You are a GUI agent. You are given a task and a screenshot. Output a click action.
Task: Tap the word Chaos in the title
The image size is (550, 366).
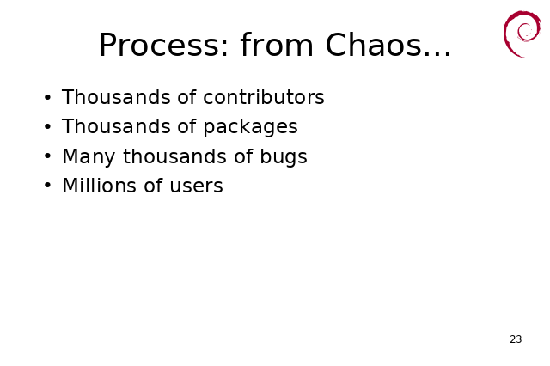(x=373, y=45)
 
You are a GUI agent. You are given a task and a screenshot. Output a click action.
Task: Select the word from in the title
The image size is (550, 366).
(x=277, y=44)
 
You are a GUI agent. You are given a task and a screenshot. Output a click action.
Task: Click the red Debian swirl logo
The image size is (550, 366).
(x=522, y=34)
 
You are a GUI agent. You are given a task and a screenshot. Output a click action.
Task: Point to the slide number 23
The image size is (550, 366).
(x=516, y=339)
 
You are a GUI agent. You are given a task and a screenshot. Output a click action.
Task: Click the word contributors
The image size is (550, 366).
(x=264, y=97)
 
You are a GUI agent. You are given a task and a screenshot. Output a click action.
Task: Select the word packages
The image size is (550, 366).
(x=250, y=127)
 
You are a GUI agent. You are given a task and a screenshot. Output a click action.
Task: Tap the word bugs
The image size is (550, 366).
(x=284, y=156)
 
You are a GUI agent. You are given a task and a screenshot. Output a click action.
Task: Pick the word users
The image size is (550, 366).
(x=196, y=186)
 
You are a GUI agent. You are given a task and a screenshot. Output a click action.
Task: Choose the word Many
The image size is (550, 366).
(x=89, y=156)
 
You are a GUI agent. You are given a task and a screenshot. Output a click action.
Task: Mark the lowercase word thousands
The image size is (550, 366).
(x=174, y=156)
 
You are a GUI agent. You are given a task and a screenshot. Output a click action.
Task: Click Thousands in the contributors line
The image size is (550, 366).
(x=116, y=97)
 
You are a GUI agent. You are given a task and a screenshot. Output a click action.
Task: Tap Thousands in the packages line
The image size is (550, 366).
(x=116, y=126)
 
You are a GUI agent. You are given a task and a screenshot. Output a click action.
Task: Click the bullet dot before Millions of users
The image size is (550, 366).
(x=48, y=185)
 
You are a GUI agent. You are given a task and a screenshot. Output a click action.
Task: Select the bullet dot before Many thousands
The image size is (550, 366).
(x=48, y=156)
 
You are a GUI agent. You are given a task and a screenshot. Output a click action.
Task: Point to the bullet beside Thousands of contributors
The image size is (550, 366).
(x=48, y=97)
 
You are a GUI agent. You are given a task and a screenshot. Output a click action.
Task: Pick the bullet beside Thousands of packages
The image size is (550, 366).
(x=48, y=126)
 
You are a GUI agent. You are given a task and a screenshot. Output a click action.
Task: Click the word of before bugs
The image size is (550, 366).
(x=243, y=156)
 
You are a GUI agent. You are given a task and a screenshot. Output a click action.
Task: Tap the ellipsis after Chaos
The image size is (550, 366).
(x=437, y=53)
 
